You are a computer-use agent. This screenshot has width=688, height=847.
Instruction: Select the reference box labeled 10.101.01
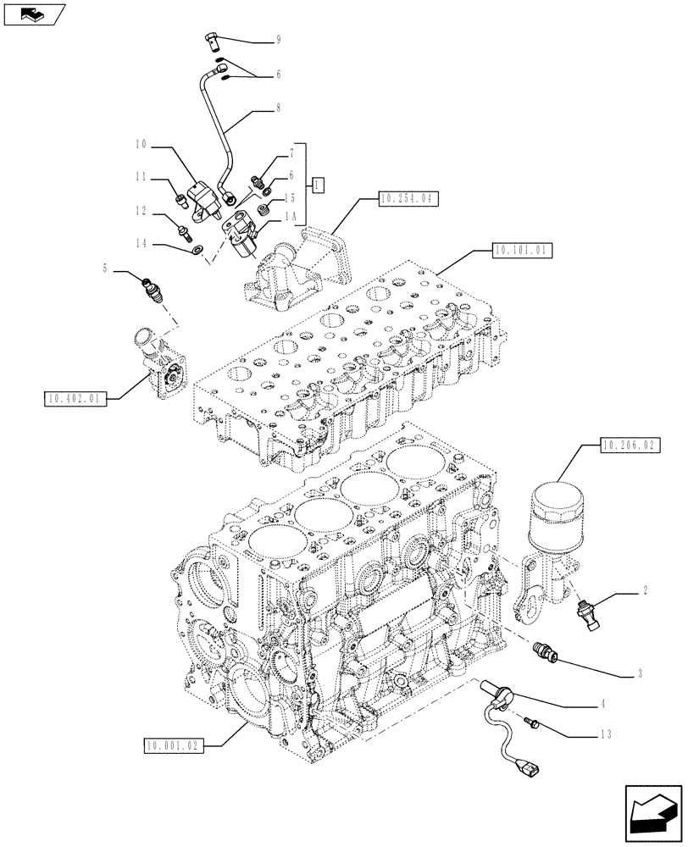(x=519, y=251)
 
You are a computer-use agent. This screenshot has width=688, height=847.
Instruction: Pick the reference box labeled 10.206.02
(x=629, y=443)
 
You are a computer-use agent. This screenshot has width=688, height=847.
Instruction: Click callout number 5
(x=105, y=270)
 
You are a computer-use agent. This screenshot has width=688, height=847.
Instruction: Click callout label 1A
(x=291, y=217)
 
